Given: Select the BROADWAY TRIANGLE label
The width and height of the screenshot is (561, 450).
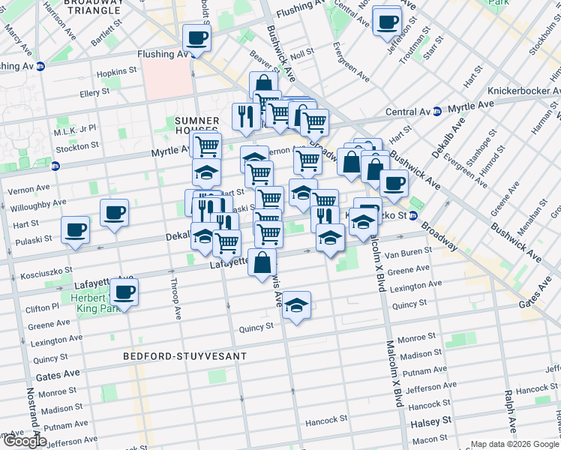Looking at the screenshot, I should pos(94,7).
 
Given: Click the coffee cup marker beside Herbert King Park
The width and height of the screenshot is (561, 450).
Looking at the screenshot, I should pos(124,292).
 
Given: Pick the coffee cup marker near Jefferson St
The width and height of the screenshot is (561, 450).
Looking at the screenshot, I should pos(387,22).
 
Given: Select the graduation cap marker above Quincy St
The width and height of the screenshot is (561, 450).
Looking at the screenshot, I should pos(297,305).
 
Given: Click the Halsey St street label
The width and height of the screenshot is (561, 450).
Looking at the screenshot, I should pos(430,422).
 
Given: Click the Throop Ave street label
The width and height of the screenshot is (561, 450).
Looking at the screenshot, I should pos(177,298).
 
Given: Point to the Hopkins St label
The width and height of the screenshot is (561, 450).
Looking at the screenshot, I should pos(115,74).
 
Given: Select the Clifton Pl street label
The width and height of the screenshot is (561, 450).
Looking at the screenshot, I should pos(43,308).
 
